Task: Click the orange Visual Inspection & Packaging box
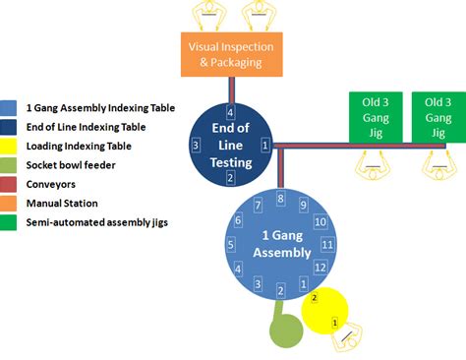pos(231,53)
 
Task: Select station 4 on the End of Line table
pos(230,110)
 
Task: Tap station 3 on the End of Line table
pos(196,145)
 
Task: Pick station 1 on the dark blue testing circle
pos(265,145)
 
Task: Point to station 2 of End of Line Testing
pos(230,177)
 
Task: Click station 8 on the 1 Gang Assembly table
pos(280,199)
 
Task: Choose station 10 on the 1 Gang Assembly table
pos(320,222)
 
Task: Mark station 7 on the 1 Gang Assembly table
pos(257,206)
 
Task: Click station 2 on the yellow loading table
pos(314,296)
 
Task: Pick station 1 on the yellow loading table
pos(334,322)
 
